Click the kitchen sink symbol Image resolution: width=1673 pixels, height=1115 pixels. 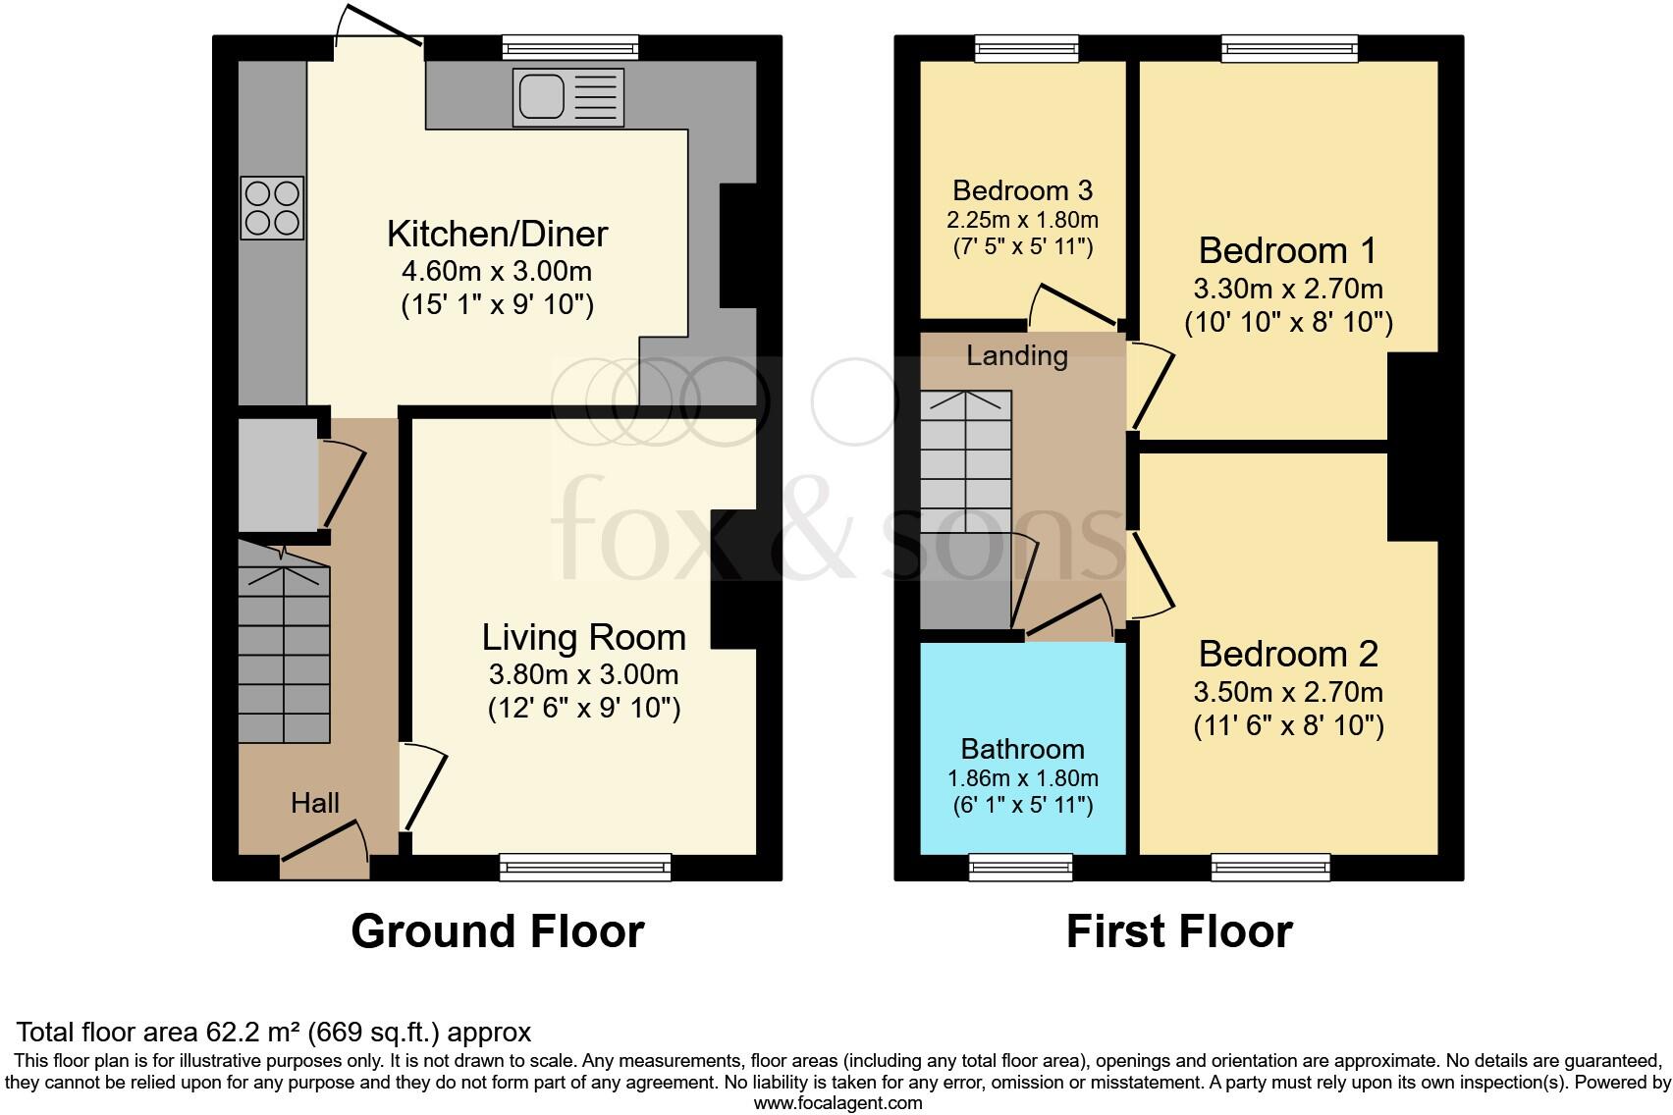pyautogui.click(x=567, y=97)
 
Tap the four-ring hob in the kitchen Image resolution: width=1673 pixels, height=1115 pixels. pyautogui.click(x=272, y=207)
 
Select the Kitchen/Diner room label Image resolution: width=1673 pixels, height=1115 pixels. pyautogui.click(x=497, y=234)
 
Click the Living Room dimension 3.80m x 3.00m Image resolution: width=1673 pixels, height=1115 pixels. pyautogui.click(x=583, y=675)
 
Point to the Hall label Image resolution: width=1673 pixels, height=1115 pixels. pyautogui.click(x=314, y=803)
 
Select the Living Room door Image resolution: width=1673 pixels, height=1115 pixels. pyautogui.click(x=423, y=785)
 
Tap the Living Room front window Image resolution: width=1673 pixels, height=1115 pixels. pyautogui.click(x=585, y=866)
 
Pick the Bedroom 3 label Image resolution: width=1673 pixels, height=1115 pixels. pyautogui.click(x=1022, y=189)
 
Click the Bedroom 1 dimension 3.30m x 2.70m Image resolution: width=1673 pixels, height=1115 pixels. pyautogui.click(x=1287, y=290)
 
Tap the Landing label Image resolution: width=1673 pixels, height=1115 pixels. pyautogui.click(x=1016, y=355)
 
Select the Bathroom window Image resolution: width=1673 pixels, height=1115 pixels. pyautogui.click(x=1020, y=866)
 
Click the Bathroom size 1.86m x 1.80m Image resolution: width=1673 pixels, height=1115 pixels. pyautogui.click(x=1022, y=778)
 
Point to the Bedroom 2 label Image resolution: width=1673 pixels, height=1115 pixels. pyautogui.click(x=1288, y=654)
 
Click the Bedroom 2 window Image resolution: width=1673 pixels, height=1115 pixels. pyautogui.click(x=1270, y=866)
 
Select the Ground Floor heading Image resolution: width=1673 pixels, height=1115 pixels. pyautogui.click(x=497, y=931)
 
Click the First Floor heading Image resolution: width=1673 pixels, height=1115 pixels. pyautogui.click(x=1178, y=931)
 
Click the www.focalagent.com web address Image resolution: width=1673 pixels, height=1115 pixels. pyautogui.click(x=837, y=1103)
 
